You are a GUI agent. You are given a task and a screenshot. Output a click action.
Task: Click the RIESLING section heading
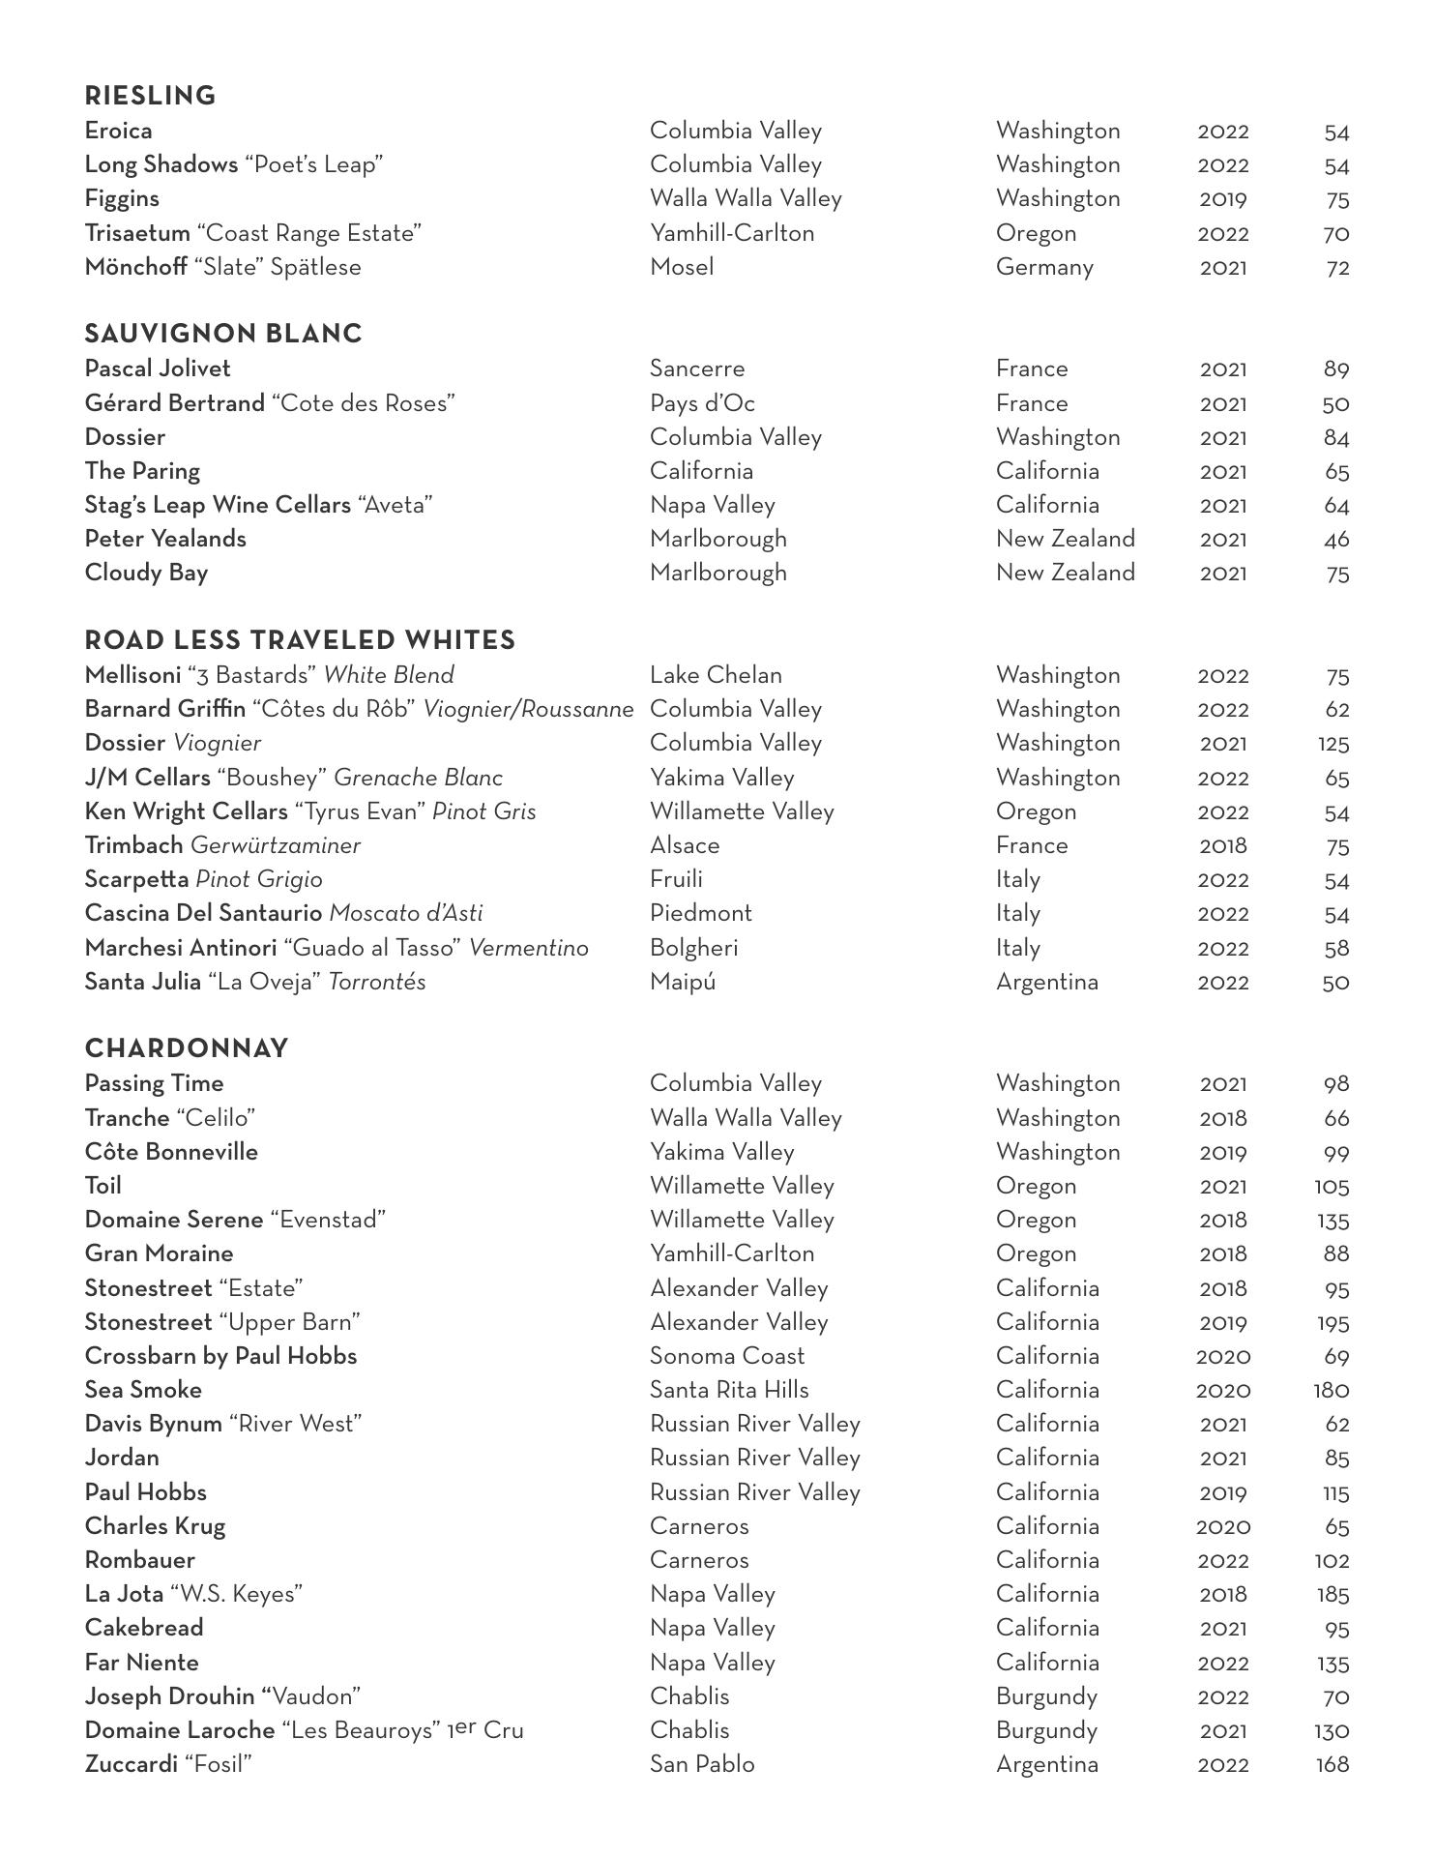tap(150, 96)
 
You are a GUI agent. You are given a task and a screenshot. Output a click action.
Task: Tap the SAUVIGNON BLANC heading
tap(223, 334)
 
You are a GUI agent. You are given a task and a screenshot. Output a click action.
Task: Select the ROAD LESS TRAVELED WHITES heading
tap(300, 640)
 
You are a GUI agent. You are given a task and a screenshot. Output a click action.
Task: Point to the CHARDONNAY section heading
tap(187, 1048)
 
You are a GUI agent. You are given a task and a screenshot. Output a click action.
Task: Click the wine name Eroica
tap(118, 131)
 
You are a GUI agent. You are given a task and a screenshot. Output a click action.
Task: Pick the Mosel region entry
tap(682, 267)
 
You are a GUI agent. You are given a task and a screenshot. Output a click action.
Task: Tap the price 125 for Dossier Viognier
tap(1332, 744)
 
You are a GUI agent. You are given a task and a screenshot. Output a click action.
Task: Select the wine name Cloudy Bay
tap(146, 573)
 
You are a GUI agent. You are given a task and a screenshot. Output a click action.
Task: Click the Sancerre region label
tap(697, 368)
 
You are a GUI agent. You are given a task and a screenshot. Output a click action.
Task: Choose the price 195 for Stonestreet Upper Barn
tap(1332, 1322)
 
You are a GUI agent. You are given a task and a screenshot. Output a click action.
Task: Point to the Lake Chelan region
tap(716, 675)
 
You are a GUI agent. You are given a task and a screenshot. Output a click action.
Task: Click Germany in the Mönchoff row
tap(1044, 267)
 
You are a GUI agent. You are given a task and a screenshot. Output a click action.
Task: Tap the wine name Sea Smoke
tap(143, 1390)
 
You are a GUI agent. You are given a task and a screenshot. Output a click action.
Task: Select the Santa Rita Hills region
tap(729, 1390)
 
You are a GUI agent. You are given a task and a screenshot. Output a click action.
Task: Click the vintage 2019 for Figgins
tap(1222, 199)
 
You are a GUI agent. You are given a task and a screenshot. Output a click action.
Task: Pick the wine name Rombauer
tap(139, 1560)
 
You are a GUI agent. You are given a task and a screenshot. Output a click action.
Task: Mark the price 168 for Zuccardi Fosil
tap(1332, 1764)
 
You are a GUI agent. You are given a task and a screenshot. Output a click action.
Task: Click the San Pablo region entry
tap(702, 1764)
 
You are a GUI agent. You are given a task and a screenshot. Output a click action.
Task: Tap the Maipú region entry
tap(683, 982)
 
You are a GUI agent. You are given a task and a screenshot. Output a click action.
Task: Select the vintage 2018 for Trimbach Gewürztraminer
tap(1222, 845)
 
